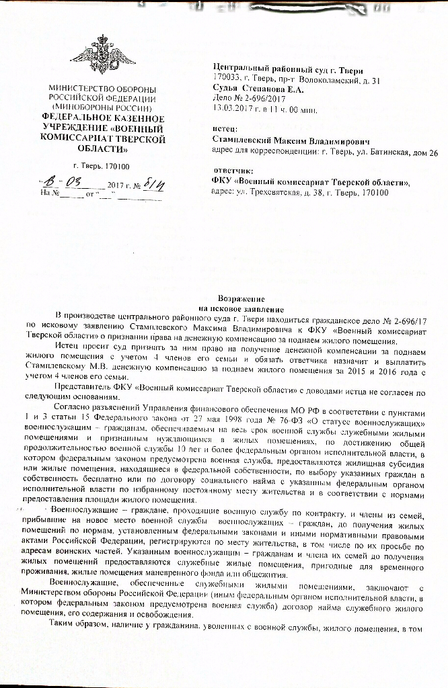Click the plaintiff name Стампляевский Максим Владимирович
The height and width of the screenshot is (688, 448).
(x=290, y=142)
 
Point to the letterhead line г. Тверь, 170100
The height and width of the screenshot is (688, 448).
(x=102, y=165)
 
